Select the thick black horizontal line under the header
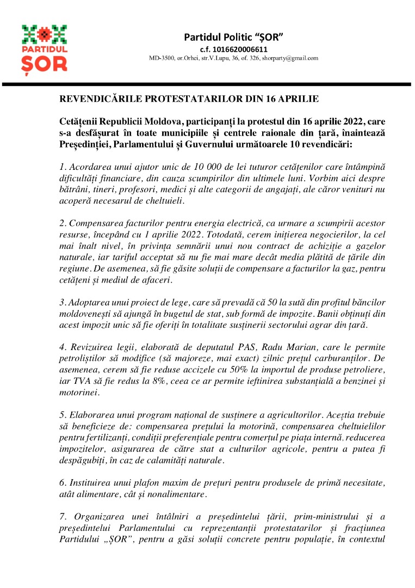coord(207,84)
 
